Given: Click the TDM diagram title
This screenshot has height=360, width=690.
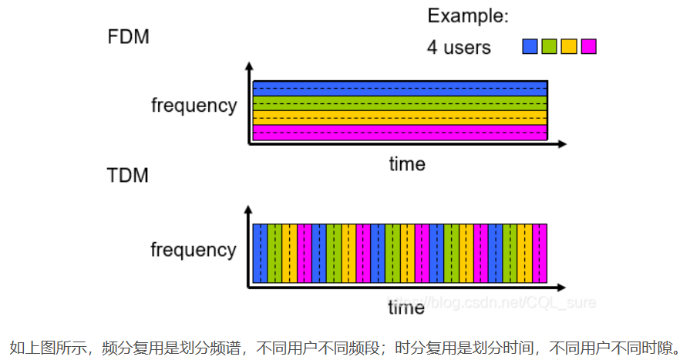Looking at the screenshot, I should (128, 175).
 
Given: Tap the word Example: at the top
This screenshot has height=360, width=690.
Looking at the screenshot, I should (467, 15).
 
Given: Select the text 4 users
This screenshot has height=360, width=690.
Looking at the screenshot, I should (459, 47).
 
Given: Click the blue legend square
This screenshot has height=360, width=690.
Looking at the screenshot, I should (530, 46).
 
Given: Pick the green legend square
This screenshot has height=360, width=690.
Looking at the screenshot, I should (549, 46).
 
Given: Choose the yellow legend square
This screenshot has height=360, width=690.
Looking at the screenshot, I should (569, 46).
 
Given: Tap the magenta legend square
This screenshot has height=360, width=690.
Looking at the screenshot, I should (589, 46).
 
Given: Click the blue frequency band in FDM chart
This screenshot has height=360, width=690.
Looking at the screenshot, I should (399, 88).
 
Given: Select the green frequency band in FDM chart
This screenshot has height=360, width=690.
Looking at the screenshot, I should (399, 103).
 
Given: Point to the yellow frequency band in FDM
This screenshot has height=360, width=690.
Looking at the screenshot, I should (399, 118).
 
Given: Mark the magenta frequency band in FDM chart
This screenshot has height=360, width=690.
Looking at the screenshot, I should (399, 133).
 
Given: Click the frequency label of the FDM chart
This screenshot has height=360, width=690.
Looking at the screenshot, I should (194, 106).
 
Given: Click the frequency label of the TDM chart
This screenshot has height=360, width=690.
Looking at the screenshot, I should (194, 250).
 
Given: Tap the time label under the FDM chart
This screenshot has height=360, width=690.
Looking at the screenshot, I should (406, 163).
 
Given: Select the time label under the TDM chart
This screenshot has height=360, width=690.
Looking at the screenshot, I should (406, 308).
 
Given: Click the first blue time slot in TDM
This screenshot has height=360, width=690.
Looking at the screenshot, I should (260, 253).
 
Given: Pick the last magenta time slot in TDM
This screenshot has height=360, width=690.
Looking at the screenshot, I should (540, 253).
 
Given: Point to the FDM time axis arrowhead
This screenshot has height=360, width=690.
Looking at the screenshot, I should (563, 143).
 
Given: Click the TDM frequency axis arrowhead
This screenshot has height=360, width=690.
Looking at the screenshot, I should (248, 210).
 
